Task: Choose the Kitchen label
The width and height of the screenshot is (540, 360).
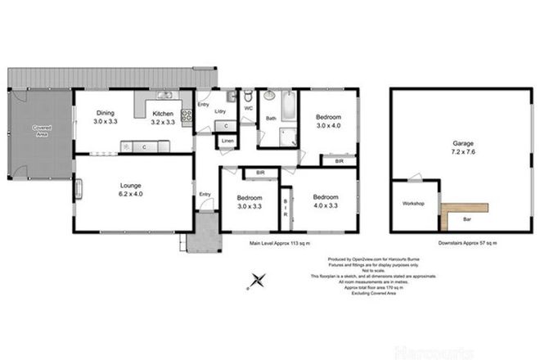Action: (x=163, y=114)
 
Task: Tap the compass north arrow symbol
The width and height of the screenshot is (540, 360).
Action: (x=256, y=282)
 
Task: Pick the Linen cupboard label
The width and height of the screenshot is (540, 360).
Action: (x=227, y=142)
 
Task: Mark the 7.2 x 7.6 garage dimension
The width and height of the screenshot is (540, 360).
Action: (x=462, y=152)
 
